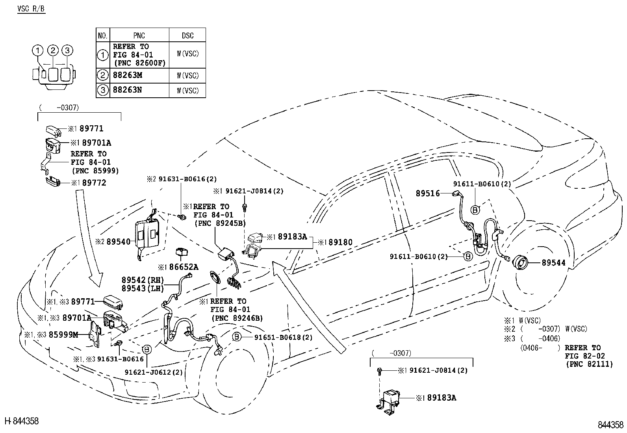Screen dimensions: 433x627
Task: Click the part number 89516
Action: click(x=428, y=193)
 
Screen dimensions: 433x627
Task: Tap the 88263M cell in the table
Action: click(x=127, y=75)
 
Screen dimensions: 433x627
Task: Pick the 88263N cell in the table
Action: click(x=127, y=90)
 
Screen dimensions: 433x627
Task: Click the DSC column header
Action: click(x=187, y=35)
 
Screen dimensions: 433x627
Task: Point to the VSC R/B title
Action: click(x=31, y=9)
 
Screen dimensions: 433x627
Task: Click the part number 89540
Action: click(x=118, y=242)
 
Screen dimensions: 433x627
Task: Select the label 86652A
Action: click(x=183, y=267)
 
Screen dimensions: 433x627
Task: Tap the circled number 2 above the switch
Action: click(x=53, y=50)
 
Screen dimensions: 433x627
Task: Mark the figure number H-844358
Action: click(x=22, y=421)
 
